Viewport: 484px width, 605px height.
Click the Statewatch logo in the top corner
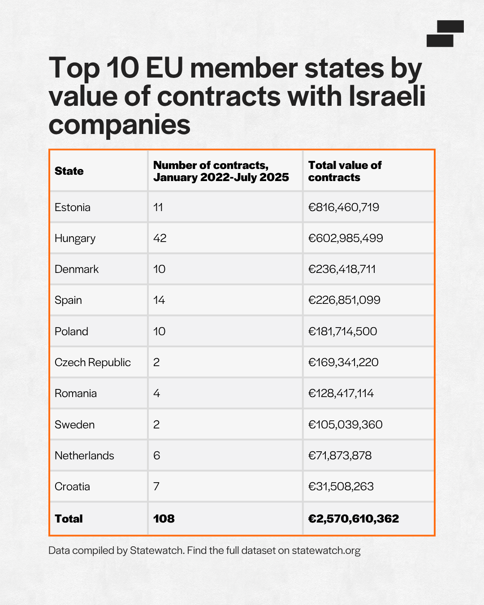[445, 34]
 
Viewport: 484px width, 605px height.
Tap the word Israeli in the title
[387, 96]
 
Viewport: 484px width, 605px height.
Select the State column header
[69, 171]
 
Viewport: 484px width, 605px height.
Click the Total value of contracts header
[345, 171]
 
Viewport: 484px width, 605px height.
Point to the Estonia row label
[72, 207]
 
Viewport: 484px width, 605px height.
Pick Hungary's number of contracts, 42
[160, 238]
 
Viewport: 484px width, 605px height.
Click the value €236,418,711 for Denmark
[341, 269]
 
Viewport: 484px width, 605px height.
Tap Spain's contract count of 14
[159, 300]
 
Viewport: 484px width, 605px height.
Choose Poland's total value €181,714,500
[342, 332]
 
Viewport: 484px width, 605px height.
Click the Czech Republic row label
[92, 363]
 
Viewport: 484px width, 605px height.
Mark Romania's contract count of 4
[157, 393]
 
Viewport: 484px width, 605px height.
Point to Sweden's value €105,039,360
[346, 424]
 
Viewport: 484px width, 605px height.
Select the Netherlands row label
[84, 455]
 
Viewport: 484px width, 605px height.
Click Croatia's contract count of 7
[156, 486]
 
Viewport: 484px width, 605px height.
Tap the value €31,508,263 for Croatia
[341, 487]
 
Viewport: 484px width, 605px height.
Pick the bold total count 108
[164, 519]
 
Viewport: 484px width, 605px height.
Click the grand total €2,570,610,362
[354, 519]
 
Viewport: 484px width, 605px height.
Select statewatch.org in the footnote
[326, 550]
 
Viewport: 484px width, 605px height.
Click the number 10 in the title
[123, 68]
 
